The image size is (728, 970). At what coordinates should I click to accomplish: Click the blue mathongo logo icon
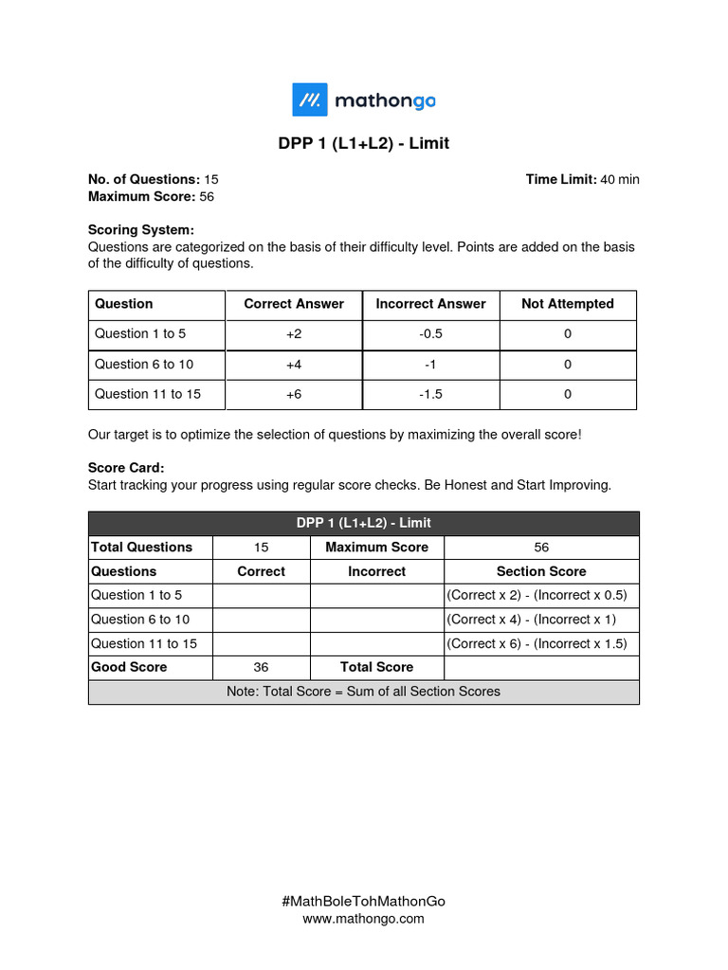309,99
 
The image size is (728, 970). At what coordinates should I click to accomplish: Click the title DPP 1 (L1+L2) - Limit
363,144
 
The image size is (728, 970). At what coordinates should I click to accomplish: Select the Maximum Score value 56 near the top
208,196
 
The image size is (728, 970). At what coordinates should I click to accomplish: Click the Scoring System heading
140,229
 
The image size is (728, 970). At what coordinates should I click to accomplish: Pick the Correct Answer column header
294,304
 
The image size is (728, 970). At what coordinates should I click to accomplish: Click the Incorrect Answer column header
430,304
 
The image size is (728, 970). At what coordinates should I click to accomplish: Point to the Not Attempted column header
567,304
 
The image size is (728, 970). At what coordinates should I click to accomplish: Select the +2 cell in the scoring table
294,333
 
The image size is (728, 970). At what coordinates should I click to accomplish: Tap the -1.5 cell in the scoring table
430,394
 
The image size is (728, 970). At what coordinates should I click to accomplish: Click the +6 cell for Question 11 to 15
294,394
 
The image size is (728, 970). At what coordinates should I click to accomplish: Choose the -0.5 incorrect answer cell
430,333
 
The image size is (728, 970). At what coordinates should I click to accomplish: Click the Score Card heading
126,468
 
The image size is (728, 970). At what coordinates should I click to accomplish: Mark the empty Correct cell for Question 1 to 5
262,596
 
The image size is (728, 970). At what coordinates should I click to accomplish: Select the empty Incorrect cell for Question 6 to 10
376,620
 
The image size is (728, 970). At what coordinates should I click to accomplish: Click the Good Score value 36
262,667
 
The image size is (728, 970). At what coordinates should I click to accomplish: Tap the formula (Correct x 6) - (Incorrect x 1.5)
541,643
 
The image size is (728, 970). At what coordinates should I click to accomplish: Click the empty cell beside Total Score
541,667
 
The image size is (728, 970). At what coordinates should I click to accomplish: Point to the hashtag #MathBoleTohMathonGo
363,901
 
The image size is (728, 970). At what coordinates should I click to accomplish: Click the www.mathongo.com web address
363,918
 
